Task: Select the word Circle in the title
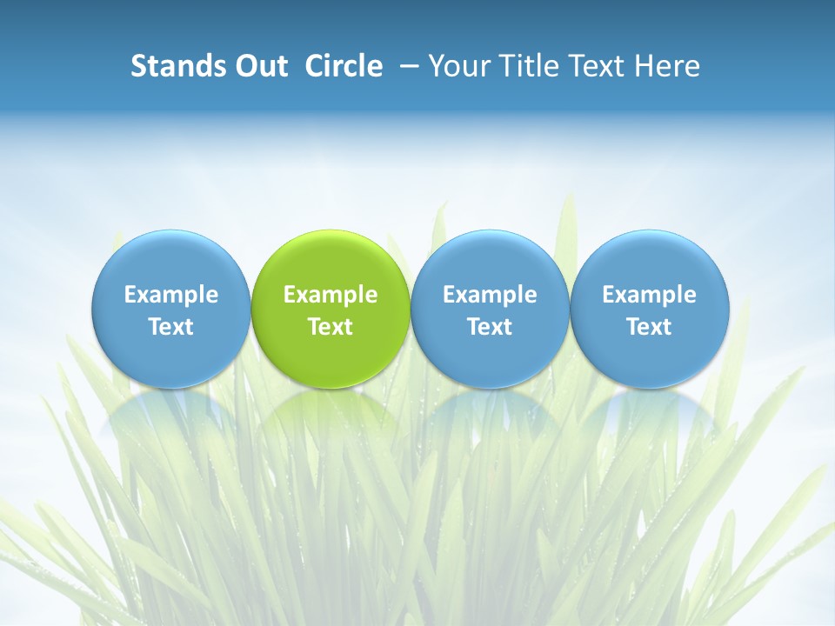344,66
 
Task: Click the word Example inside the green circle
331,295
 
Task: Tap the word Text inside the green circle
331,327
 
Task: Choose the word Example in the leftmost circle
171,295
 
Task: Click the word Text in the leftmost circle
171,327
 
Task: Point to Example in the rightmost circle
650,295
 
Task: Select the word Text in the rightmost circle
650,327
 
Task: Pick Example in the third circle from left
490,295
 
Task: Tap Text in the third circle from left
490,327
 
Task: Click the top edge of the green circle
331,231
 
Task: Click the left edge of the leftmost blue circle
94,309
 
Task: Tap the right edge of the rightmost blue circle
727,309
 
